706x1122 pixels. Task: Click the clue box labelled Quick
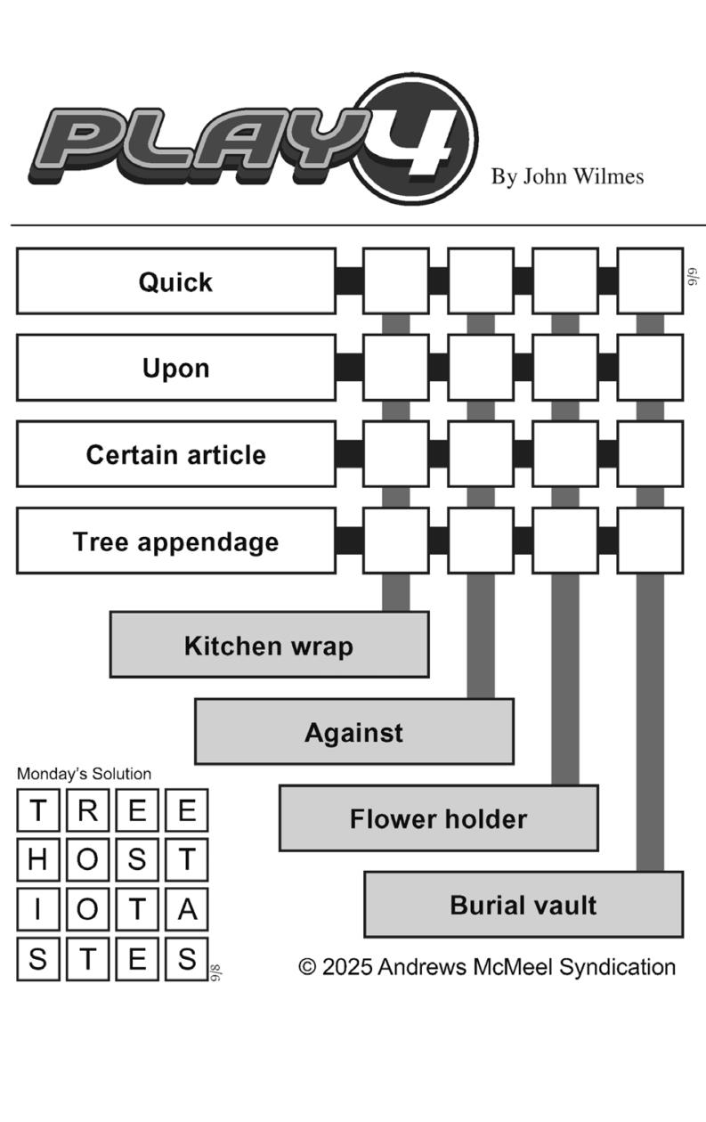(x=175, y=281)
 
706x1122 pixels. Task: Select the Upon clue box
(x=175, y=368)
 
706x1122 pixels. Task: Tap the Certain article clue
(x=175, y=454)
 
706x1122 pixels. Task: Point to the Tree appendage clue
(x=175, y=541)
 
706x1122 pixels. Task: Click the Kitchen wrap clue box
(x=270, y=645)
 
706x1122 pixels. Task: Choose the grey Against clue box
(x=354, y=732)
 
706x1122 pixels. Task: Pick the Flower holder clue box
(x=439, y=818)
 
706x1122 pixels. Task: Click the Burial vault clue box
(x=523, y=905)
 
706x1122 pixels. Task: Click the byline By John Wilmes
(x=567, y=176)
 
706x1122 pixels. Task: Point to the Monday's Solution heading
(x=84, y=774)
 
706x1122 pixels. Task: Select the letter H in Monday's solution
(x=38, y=860)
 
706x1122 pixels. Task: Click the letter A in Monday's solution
(x=187, y=910)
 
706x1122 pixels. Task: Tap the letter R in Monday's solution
(x=87, y=810)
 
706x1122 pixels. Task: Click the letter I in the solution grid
(x=38, y=910)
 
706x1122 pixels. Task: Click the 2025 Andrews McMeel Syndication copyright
(x=487, y=967)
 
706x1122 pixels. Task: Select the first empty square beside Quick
(x=396, y=281)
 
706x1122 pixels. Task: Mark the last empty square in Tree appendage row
(x=650, y=541)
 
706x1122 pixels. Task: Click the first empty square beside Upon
(x=396, y=368)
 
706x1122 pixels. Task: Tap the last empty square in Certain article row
(x=650, y=454)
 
